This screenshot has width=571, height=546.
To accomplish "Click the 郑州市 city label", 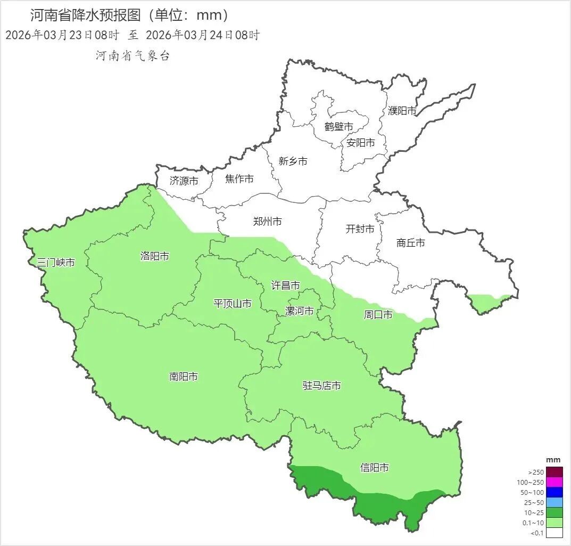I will tap(267, 221).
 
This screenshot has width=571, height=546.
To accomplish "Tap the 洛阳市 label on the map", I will tap(154, 256).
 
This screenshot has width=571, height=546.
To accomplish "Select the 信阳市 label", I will tap(374, 468).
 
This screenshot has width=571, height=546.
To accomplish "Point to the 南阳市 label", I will tap(183, 377).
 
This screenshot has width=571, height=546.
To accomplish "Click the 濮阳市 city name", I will tap(402, 111).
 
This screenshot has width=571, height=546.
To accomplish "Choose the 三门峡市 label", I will tap(55, 263).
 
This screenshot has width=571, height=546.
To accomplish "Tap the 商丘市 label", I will tap(411, 243).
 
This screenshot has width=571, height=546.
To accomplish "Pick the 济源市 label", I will tap(184, 181).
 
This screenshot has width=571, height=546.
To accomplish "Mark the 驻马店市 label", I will tap(321, 385).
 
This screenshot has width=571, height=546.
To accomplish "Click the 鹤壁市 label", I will tap(338, 127).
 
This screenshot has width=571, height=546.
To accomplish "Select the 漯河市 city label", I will tap(299, 311).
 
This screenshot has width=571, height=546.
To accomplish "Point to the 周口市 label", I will tap(378, 315).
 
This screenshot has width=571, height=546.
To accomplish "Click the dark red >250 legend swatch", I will tap(554, 472).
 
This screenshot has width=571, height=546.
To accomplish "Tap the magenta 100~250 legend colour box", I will tap(554, 482).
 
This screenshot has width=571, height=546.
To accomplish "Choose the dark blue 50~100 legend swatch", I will tap(554, 492).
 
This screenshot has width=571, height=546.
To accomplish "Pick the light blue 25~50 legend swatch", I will tap(554, 502).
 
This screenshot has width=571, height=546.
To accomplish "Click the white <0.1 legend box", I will tap(554, 533).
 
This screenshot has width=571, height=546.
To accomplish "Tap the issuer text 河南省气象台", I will tap(133, 55).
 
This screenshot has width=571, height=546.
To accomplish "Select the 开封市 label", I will tap(360, 229).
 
